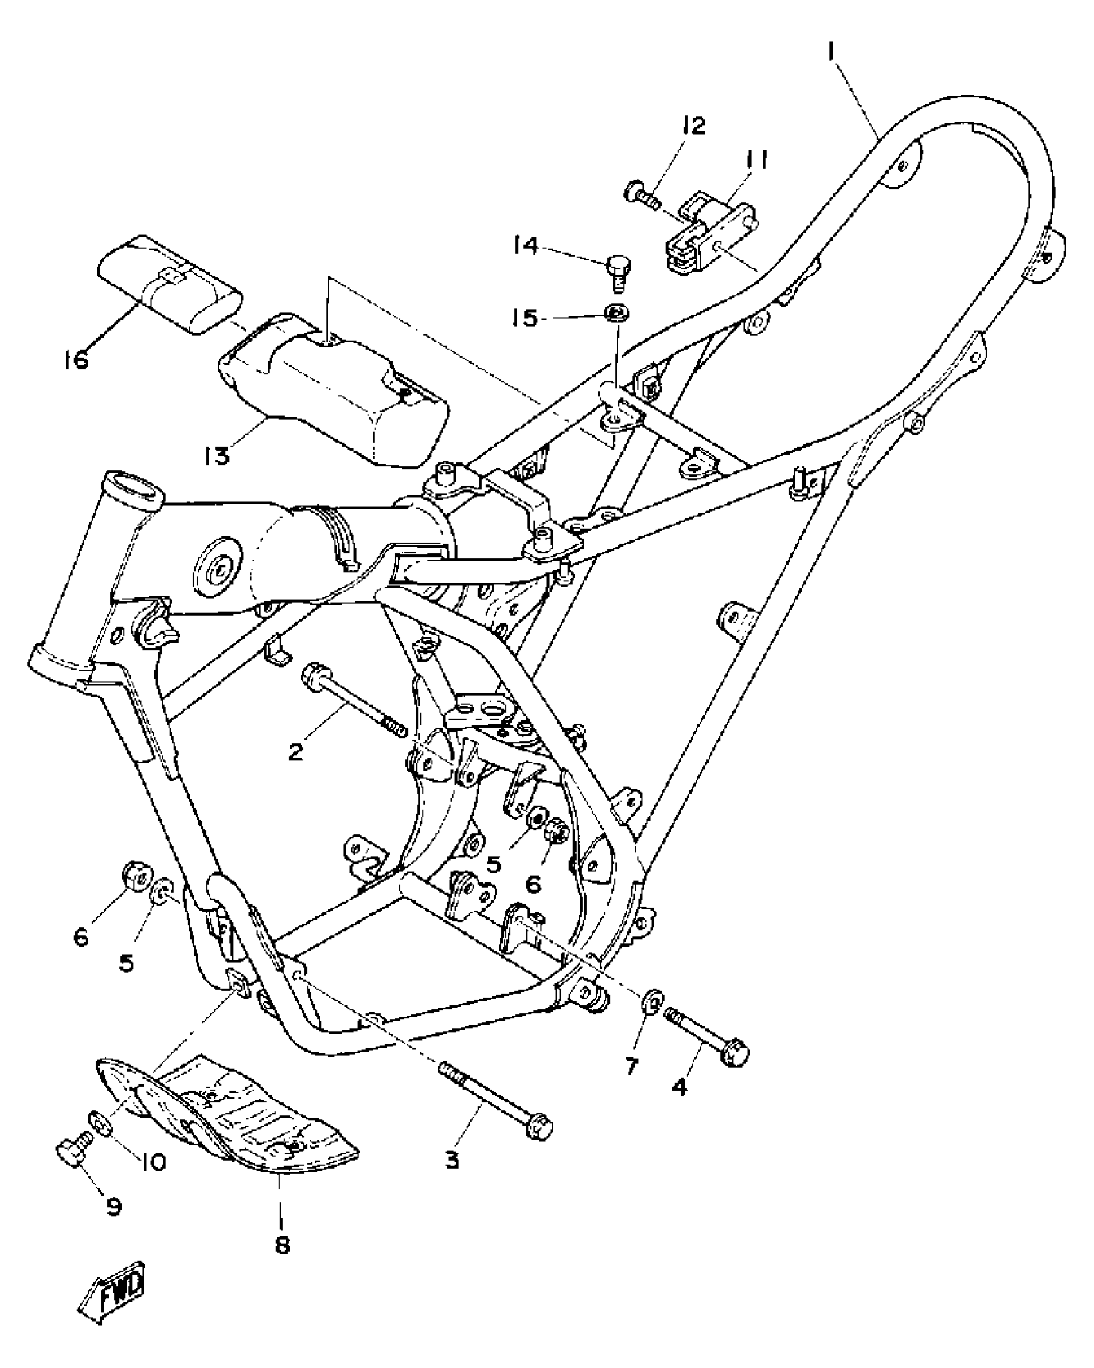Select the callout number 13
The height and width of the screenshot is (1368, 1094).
click(x=217, y=456)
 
